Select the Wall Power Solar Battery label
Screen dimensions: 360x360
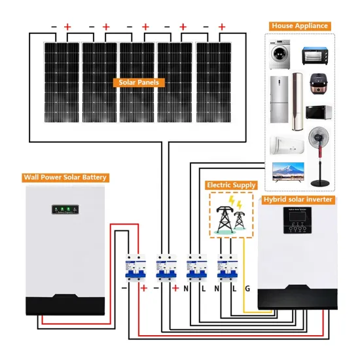pos(65,177)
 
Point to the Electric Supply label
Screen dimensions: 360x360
pos(231,185)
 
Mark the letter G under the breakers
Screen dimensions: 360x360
pos(246,288)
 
